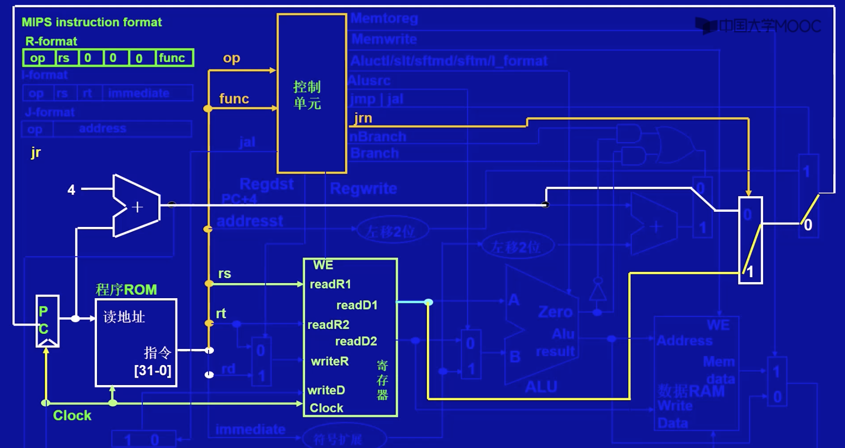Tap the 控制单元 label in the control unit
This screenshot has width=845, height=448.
(307, 95)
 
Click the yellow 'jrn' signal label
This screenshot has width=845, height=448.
(363, 118)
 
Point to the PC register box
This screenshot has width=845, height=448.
(47, 321)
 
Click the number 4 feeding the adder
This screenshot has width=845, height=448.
(72, 190)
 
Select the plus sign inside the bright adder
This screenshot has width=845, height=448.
(137, 207)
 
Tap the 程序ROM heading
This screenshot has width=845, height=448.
(126, 289)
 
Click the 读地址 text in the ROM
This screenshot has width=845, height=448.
(124, 317)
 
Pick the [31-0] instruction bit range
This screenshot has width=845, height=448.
(153, 370)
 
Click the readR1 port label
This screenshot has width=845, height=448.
(330, 284)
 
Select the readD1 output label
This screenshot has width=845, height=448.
(357, 305)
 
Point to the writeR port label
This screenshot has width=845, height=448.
(330, 361)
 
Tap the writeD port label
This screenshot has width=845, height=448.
(326, 390)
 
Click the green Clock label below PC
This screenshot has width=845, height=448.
(72, 415)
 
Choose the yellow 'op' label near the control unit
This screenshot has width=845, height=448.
(231, 58)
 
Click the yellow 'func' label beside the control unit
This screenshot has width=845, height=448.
(234, 99)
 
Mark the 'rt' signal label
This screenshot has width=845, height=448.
(221, 313)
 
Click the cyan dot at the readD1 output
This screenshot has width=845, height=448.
(428, 303)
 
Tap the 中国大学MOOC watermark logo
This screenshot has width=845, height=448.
(758, 26)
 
